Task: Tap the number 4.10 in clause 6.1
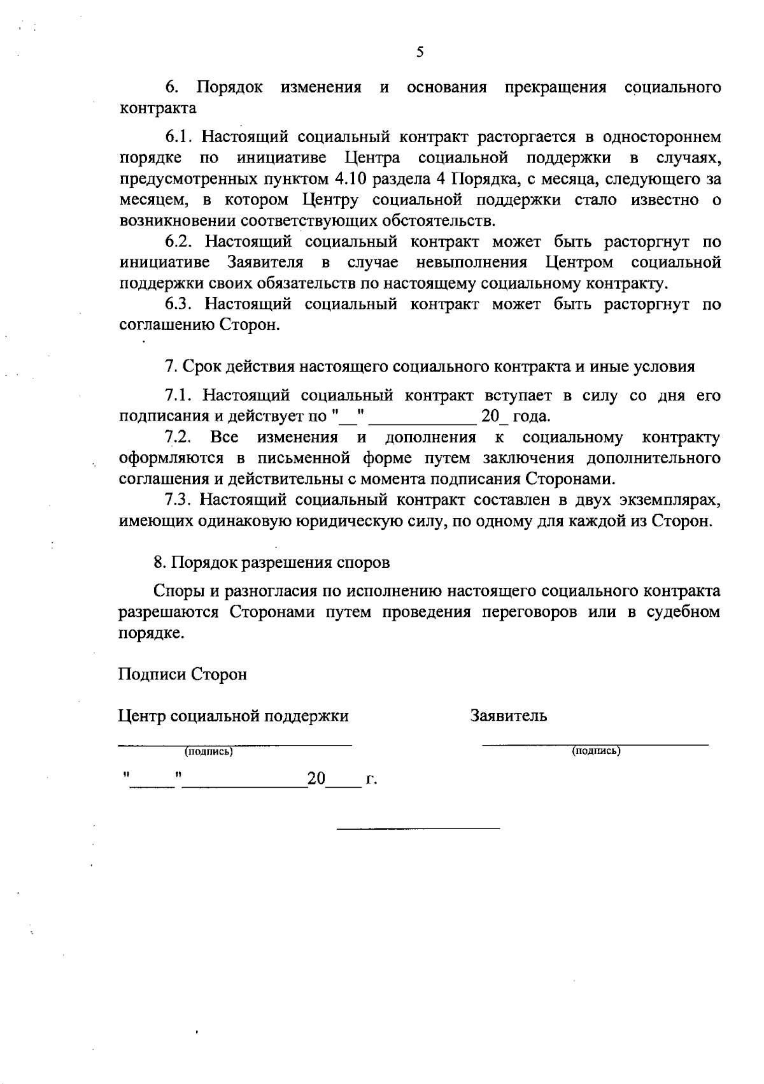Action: (x=348, y=179)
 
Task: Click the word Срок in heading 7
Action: (x=201, y=367)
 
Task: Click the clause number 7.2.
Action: (x=178, y=438)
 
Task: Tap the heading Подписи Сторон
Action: (x=183, y=674)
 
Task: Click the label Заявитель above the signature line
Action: (x=509, y=716)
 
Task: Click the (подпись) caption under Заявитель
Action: (x=597, y=751)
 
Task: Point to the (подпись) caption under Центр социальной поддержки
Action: (x=209, y=753)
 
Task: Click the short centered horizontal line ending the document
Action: (x=418, y=828)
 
